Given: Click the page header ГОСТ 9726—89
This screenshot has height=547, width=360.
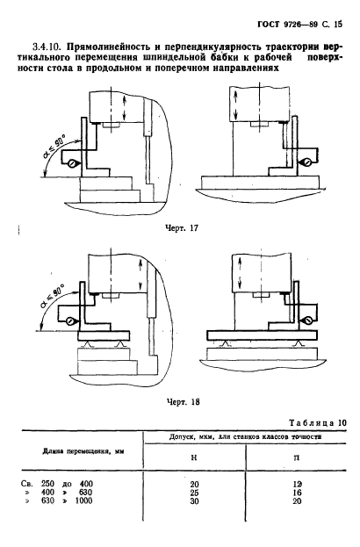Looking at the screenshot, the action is click(x=284, y=24).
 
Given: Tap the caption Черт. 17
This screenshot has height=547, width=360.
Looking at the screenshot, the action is click(x=181, y=228).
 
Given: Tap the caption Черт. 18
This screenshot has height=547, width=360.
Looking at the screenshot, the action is click(x=183, y=402).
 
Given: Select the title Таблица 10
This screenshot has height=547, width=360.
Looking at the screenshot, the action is click(x=318, y=423).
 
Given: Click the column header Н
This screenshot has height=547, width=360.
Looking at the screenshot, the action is click(x=194, y=457).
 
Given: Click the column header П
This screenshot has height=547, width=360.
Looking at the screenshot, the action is click(x=297, y=457).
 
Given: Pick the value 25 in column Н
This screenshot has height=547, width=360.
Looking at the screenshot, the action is click(x=194, y=493).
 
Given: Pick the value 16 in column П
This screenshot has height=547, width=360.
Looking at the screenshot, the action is click(x=297, y=493).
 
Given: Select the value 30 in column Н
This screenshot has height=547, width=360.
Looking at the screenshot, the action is click(x=194, y=501).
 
